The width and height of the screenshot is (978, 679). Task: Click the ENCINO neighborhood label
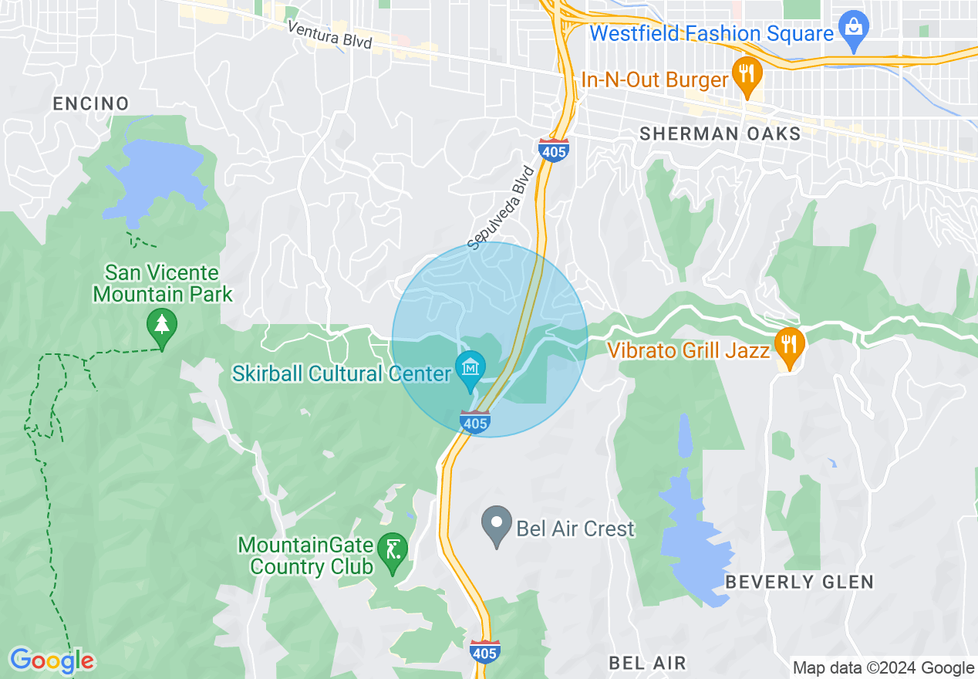tap(91, 103)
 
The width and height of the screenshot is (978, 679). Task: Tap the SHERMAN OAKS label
tap(720, 133)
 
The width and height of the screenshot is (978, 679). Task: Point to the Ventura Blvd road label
tap(329, 35)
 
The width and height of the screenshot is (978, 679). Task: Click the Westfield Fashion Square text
tap(711, 34)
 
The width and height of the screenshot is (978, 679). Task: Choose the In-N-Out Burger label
tap(655, 79)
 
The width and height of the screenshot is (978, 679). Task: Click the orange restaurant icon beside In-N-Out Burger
tap(746, 75)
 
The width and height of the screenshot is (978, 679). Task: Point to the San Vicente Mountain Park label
tap(162, 283)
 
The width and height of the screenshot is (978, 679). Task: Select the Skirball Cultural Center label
tap(341, 374)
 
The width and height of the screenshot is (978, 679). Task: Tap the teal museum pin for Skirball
tap(470, 368)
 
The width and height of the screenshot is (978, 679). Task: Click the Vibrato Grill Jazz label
tap(689, 350)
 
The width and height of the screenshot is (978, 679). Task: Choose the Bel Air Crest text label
tap(575, 529)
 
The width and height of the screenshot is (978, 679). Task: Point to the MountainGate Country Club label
tap(305, 556)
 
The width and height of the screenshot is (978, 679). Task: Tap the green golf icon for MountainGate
tap(393, 551)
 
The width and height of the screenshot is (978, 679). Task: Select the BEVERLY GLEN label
tap(800, 582)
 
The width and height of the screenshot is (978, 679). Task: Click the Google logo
tap(52, 660)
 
